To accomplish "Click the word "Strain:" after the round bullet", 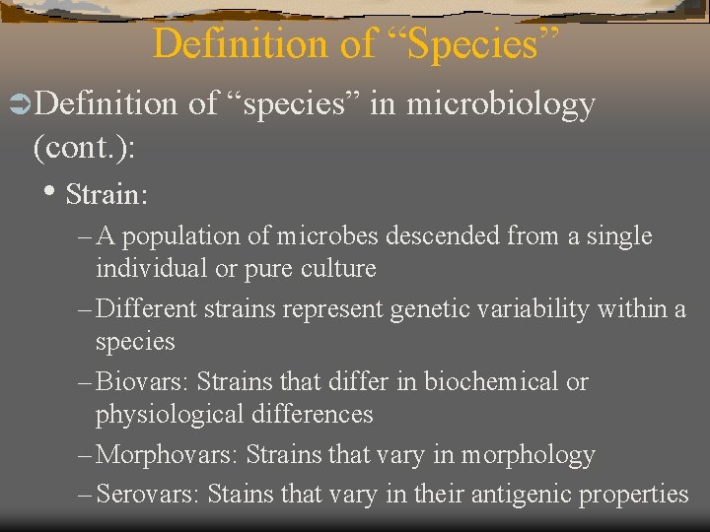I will [x=106, y=194].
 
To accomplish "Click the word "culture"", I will [x=337, y=269].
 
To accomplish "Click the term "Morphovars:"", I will [x=169, y=455].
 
